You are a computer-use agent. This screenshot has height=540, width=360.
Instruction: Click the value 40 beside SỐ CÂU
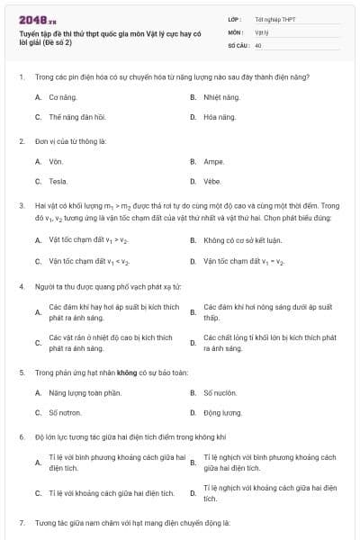(x=258, y=44)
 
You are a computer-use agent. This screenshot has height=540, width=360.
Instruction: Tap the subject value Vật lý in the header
(x=262, y=31)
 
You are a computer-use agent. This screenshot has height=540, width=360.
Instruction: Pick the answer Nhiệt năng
(x=221, y=96)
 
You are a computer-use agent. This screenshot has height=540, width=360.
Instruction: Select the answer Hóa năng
(x=220, y=117)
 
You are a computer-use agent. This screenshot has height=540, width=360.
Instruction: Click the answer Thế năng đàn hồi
(x=76, y=117)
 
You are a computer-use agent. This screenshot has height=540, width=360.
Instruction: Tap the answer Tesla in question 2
(x=58, y=182)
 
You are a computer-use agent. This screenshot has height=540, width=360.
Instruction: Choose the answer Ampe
(x=213, y=161)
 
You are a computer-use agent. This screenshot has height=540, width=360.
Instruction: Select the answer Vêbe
(x=212, y=182)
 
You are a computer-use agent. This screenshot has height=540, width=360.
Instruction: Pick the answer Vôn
(x=56, y=161)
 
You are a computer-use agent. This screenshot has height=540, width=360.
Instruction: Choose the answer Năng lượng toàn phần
(x=84, y=392)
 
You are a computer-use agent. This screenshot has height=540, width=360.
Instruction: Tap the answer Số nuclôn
(x=220, y=392)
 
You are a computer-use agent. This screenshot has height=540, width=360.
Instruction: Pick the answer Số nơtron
(x=65, y=413)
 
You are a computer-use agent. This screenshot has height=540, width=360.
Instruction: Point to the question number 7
(x=21, y=523)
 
